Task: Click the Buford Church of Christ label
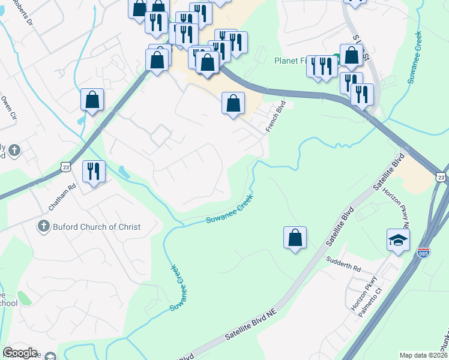(x=97, y=227)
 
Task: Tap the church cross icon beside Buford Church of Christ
(x=43, y=227)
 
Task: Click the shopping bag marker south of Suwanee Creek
(x=295, y=238)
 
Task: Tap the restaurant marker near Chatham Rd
(x=94, y=172)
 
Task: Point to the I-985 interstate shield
(x=424, y=252)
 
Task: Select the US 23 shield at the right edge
(x=441, y=176)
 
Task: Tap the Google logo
(x=20, y=353)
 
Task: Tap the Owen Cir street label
(x=7, y=108)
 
